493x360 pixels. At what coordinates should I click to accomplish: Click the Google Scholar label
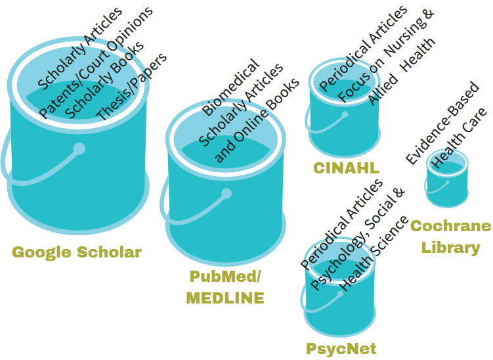pyautogui.click(x=77, y=252)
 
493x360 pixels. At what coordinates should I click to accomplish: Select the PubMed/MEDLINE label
pyautogui.click(x=225, y=287)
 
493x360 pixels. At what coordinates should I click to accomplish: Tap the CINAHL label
pyautogui.click(x=346, y=168)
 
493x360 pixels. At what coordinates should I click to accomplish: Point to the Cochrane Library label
pyautogui.click(x=450, y=236)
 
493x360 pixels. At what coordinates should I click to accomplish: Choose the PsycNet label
pyautogui.click(x=341, y=348)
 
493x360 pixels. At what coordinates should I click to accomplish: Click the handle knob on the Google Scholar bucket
pyautogui.click(x=79, y=149)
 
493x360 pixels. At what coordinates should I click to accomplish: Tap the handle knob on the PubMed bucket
pyautogui.click(x=226, y=194)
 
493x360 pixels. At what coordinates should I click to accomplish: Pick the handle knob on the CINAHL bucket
pyautogui.click(x=345, y=114)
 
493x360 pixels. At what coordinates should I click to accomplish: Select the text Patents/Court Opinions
pyautogui.click(x=96, y=62)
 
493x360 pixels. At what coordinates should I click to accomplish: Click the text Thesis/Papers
pyautogui.click(x=131, y=86)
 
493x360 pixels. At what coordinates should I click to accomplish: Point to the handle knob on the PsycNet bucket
pyautogui.click(x=340, y=294)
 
